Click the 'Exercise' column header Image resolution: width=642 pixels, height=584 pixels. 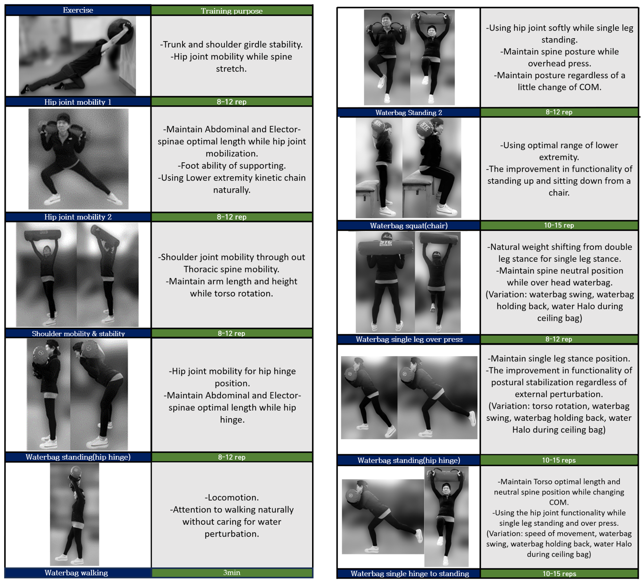click(x=78, y=10)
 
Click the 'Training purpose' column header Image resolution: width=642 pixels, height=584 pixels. click(x=232, y=11)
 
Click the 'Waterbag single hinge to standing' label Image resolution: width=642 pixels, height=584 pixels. click(x=409, y=574)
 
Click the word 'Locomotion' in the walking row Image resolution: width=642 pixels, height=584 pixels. click(x=232, y=497)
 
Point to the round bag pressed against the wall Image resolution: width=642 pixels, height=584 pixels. click(x=120, y=31)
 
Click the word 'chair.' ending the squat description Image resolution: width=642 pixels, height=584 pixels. click(x=559, y=193)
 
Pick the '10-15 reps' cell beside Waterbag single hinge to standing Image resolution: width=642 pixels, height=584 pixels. click(x=559, y=574)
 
